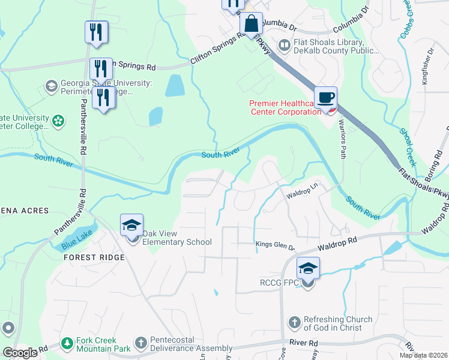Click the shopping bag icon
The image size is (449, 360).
click(251, 25)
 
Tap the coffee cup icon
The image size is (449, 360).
click(325, 98)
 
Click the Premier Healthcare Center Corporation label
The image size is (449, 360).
click(285, 108)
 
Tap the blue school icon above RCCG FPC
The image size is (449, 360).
click(307, 268)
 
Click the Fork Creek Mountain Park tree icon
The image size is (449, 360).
click(67, 344)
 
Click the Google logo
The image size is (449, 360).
click(20, 353)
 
